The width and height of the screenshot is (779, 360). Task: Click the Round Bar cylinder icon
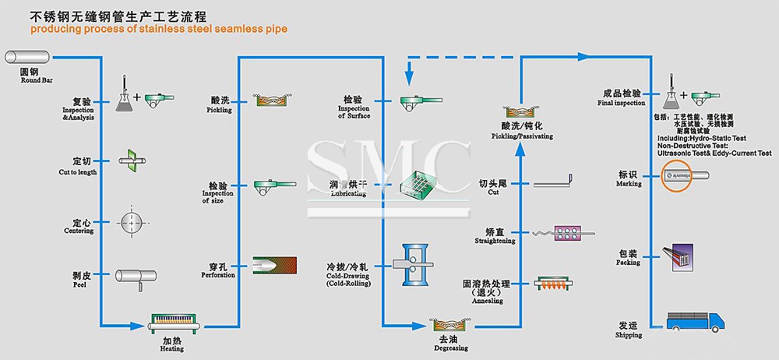28,57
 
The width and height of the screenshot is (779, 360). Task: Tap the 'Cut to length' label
78,172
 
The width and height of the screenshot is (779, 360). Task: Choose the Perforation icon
275,265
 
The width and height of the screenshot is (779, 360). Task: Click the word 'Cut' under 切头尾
494,192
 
